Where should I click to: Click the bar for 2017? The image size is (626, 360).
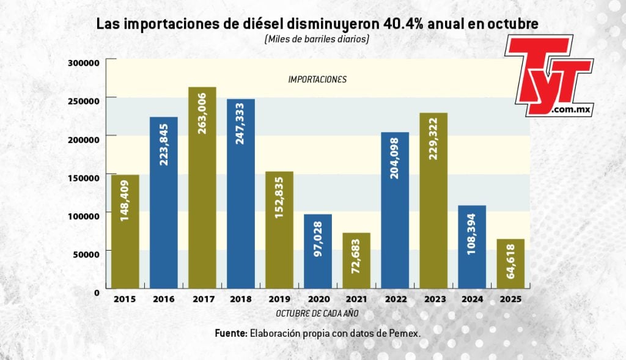202,187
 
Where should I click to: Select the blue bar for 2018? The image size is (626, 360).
240,193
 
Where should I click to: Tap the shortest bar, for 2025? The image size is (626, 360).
510,263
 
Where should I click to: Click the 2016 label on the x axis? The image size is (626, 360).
163,300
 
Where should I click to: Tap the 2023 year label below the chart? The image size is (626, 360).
432,300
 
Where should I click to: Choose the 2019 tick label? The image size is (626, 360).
279,300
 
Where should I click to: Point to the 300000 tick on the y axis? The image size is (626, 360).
83,62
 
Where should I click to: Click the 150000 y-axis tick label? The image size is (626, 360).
83,177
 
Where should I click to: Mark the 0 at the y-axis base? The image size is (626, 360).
96,292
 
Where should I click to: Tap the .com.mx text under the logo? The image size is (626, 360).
571,109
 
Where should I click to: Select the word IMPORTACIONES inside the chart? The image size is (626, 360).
317,79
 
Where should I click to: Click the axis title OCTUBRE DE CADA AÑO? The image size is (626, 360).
317,313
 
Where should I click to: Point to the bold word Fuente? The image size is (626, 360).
231,333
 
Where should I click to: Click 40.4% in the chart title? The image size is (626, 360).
404,24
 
